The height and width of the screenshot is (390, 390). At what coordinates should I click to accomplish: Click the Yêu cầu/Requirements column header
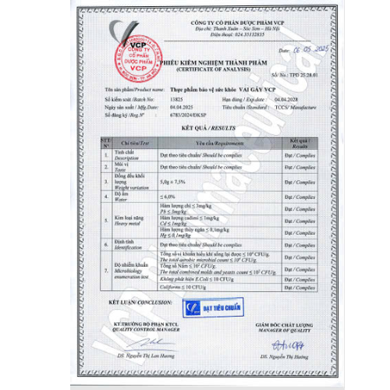207,144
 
